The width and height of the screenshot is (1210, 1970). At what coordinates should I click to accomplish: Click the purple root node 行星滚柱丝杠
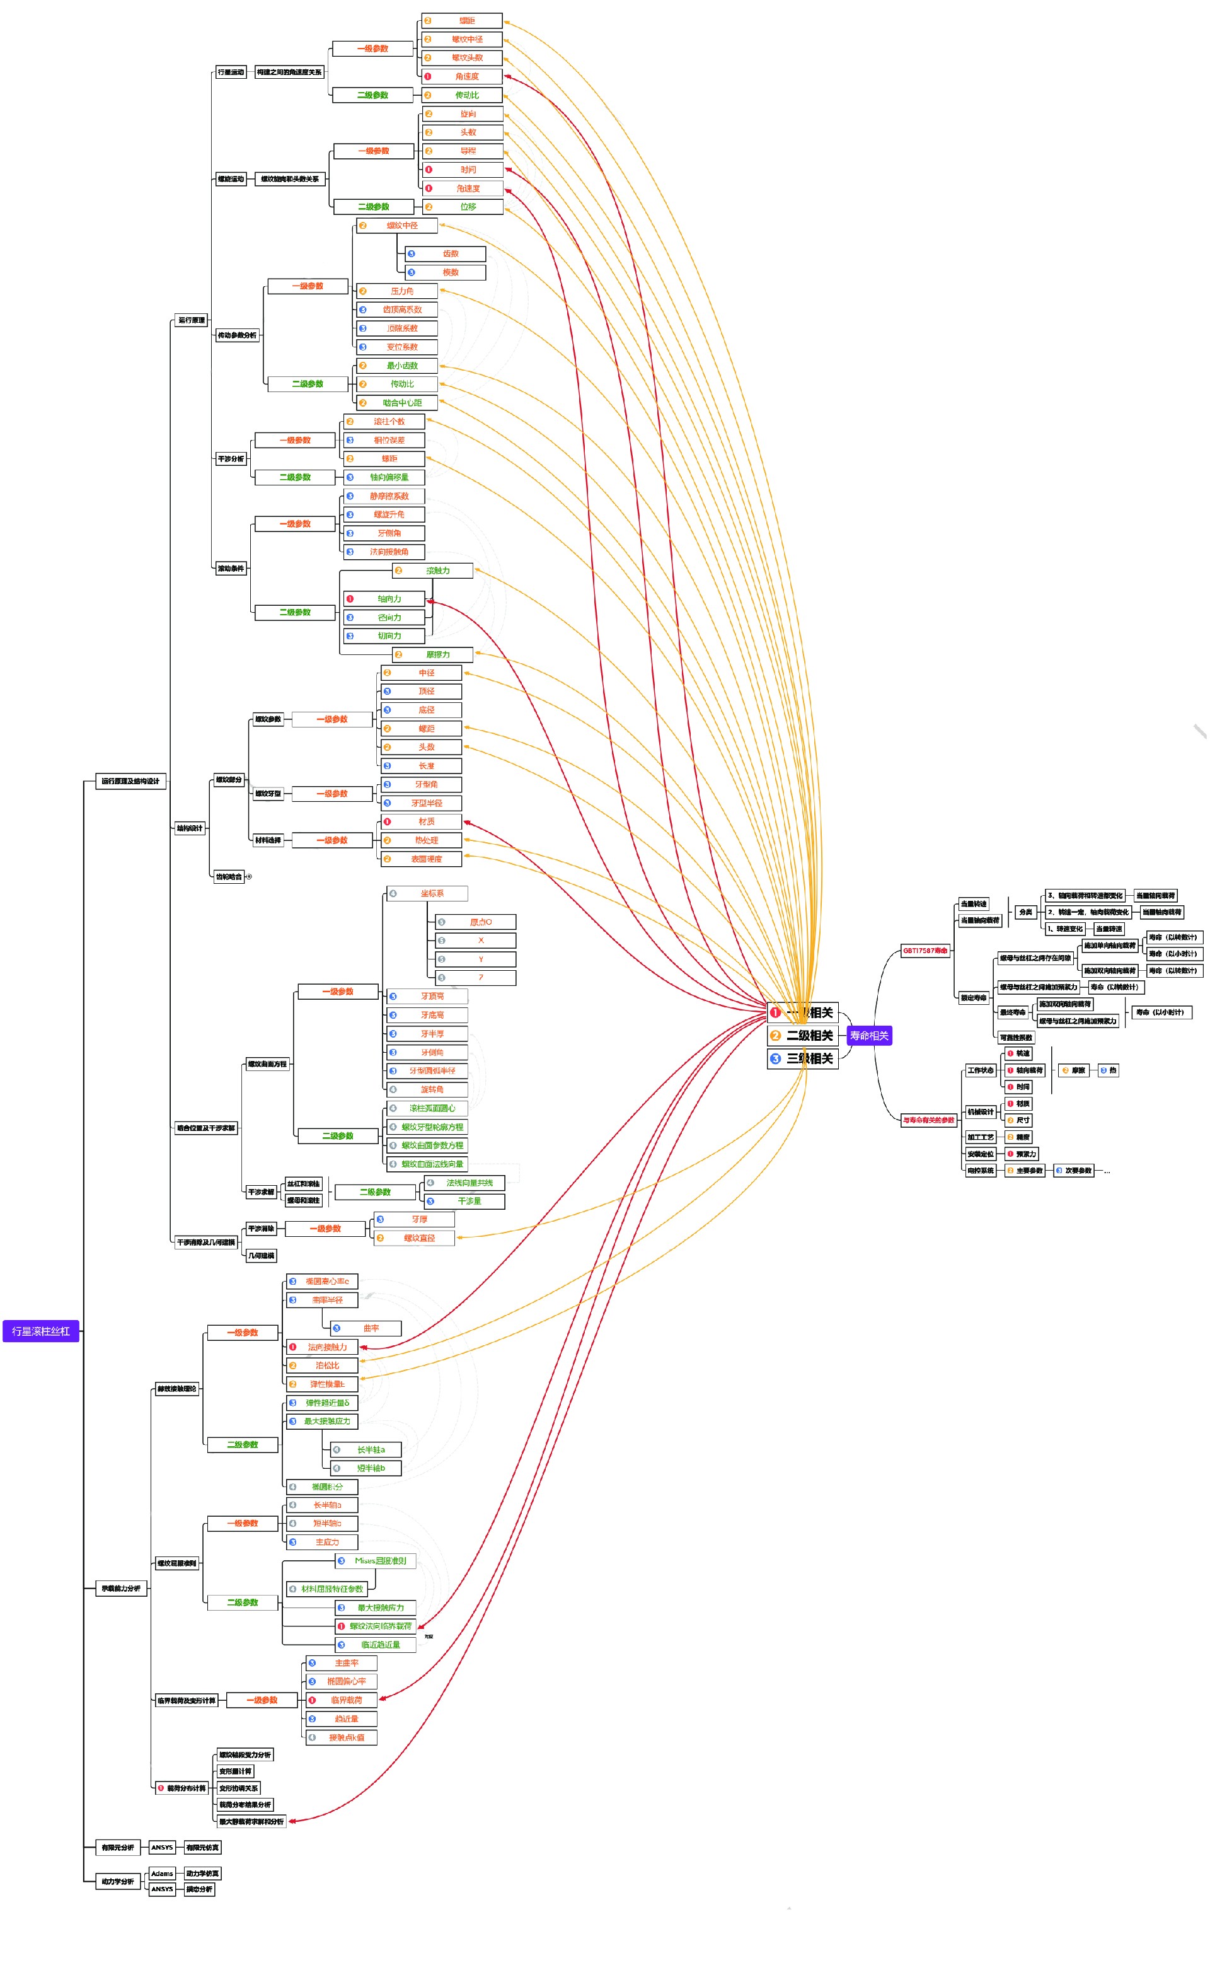tap(41, 1331)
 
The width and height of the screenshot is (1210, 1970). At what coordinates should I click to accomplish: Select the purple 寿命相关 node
tap(869, 1036)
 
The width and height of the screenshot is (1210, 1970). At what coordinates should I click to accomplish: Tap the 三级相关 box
tap(803, 1058)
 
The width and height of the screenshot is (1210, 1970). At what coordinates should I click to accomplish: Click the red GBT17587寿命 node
tap(925, 951)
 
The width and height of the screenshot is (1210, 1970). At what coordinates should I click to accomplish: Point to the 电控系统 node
tap(981, 1170)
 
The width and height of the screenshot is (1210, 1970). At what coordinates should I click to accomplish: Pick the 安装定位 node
tap(981, 1154)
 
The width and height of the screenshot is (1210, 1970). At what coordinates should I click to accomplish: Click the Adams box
tap(163, 1873)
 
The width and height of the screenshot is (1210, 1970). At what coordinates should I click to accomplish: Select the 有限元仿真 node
tap(202, 1848)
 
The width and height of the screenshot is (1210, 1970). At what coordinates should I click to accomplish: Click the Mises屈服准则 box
tap(376, 1561)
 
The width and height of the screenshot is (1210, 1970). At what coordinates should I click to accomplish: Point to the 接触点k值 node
tap(341, 1737)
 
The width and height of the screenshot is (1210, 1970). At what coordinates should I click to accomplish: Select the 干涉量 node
tap(464, 1201)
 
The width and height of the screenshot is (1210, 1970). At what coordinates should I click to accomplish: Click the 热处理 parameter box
tap(421, 840)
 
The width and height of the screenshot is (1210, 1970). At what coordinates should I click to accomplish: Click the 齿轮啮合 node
tap(229, 876)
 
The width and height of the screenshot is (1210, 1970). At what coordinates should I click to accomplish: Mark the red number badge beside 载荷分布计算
tap(161, 1787)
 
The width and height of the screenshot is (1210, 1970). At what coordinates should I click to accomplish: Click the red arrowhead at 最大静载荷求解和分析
tap(292, 1821)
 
